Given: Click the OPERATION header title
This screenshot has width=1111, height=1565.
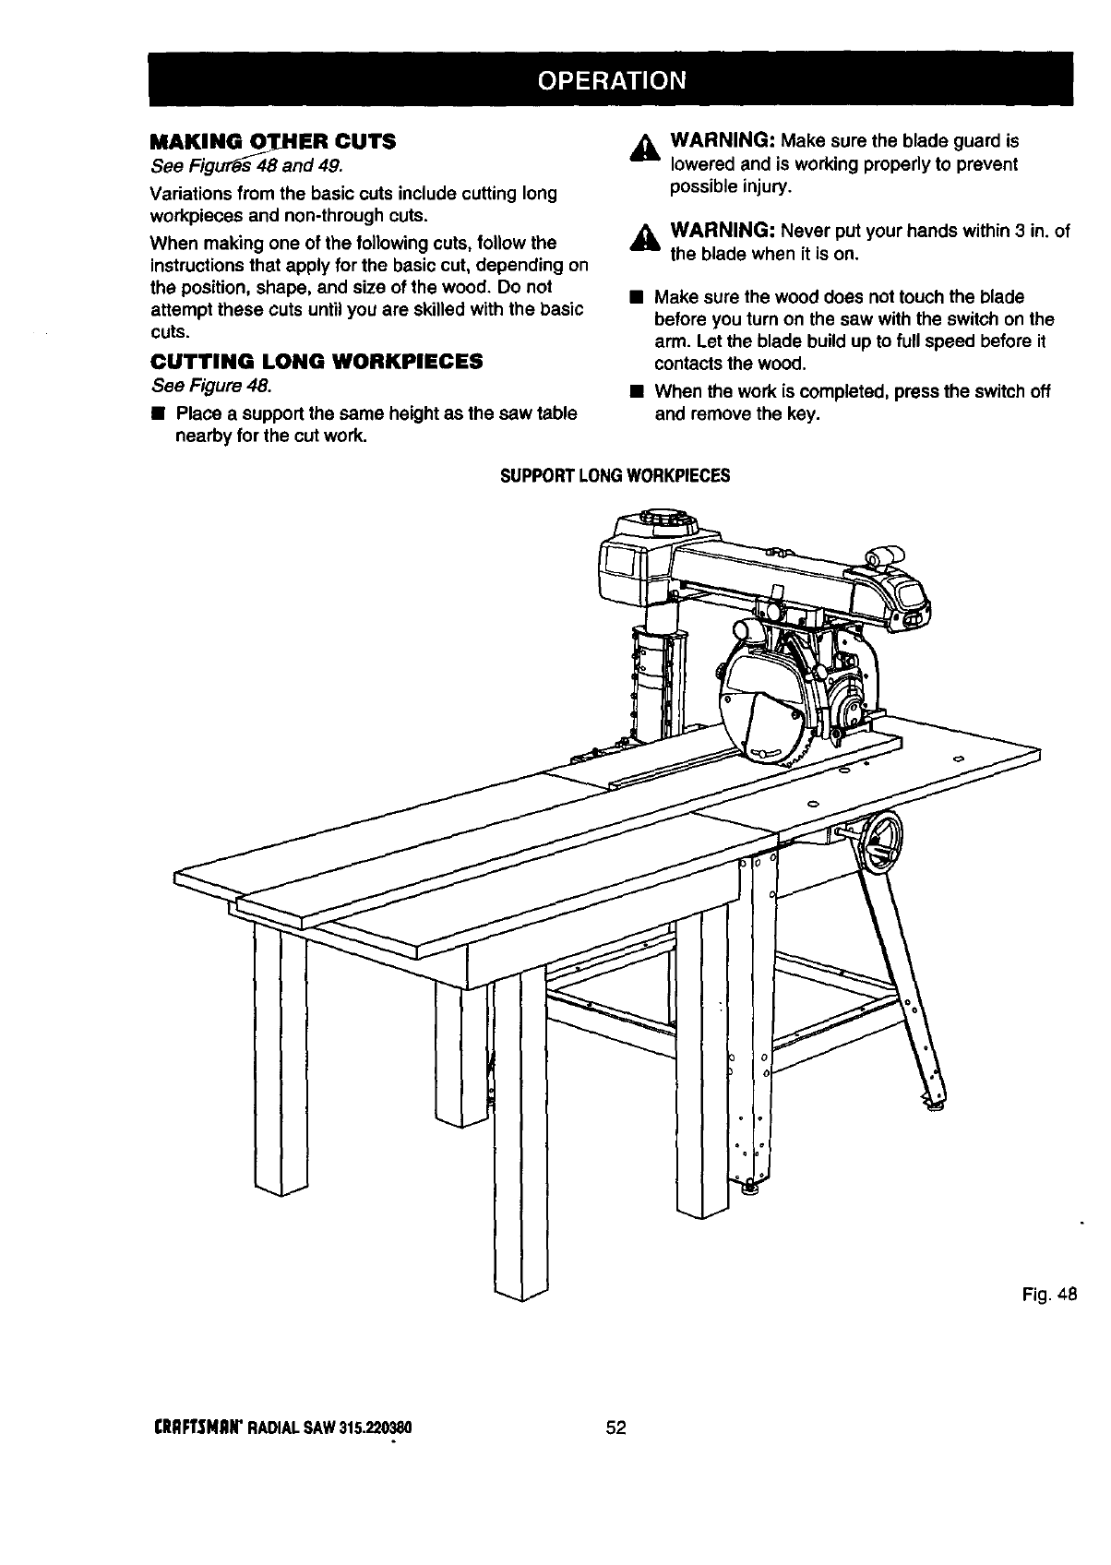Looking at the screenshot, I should click(x=612, y=79).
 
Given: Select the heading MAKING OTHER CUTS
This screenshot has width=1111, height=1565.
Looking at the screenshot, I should click(x=272, y=142).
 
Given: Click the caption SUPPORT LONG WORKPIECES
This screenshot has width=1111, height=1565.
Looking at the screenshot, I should click(x=615, y=476).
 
